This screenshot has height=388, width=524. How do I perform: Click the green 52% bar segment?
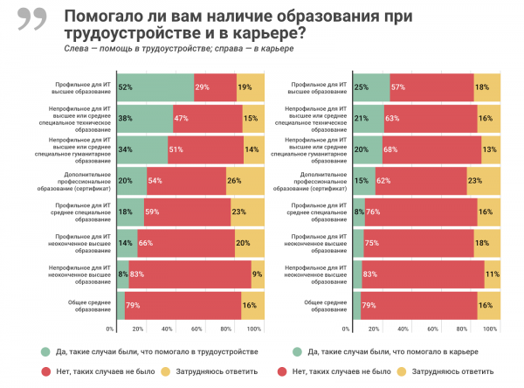coord(155,87)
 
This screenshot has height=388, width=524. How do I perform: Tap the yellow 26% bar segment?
coord(244,180)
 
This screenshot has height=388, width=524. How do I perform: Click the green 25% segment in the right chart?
coord(372,87)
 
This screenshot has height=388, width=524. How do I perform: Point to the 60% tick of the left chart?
coord(196,329)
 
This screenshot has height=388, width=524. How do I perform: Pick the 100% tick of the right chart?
coord(490,329)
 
